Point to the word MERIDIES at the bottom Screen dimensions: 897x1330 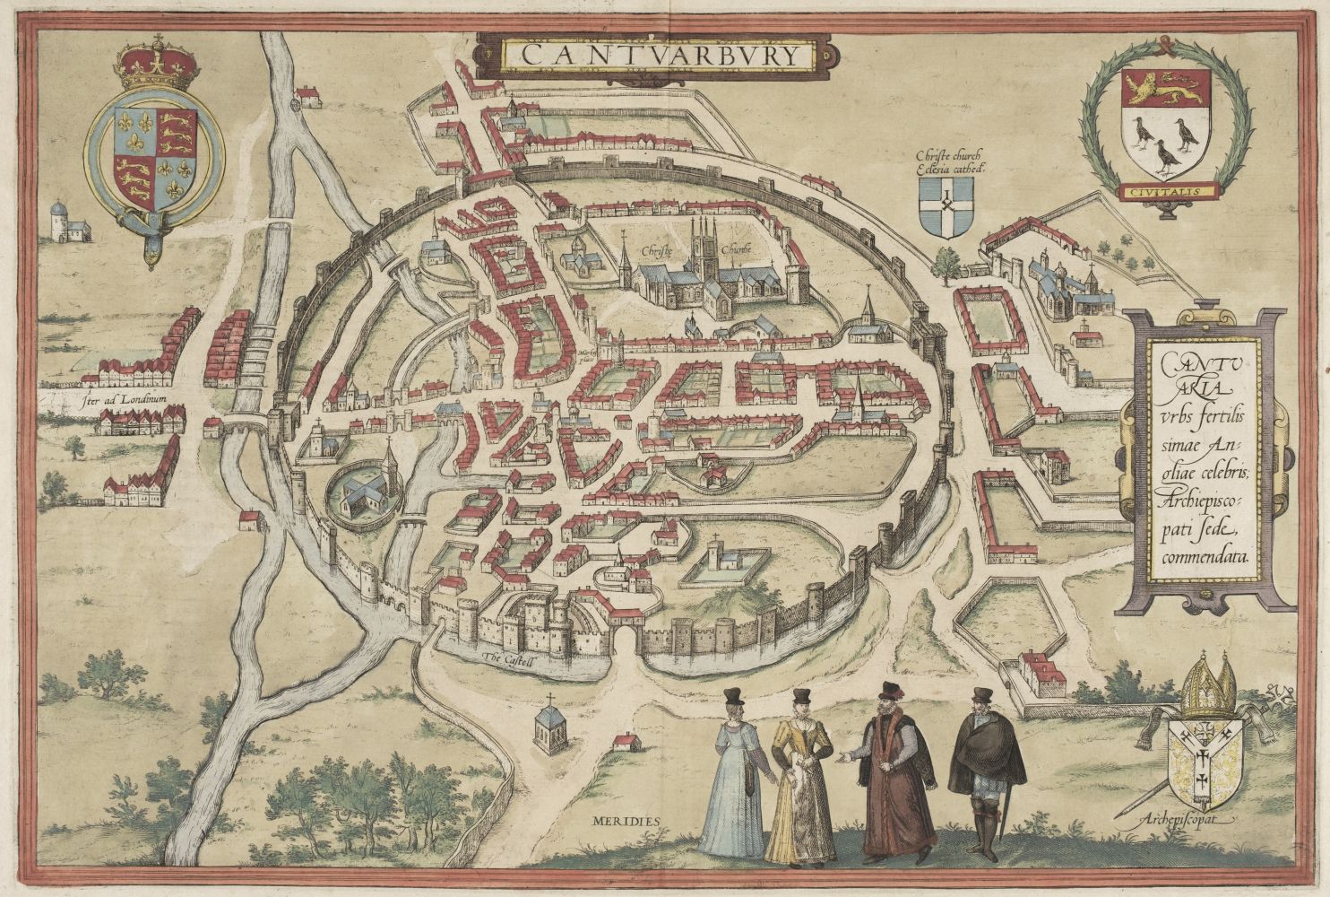coord(625,820)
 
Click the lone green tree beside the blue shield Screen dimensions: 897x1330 coord(946,263)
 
